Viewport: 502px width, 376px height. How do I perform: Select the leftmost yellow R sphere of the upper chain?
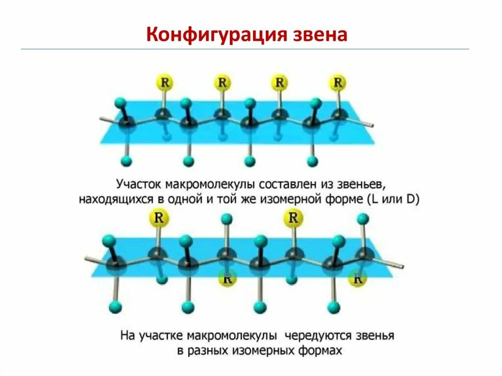pyautogui.click(x=164, y=82)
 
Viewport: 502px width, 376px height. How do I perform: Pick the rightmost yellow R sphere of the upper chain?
pyautogui.click(x=337, y=82)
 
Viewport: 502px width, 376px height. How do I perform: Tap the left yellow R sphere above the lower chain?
pyautogui.click(x=158, y=218)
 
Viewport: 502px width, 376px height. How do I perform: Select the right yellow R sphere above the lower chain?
pyautogui.click(x=293, y=218)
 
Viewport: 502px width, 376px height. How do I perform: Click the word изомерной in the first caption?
pyautogui.click(x=296, y=200)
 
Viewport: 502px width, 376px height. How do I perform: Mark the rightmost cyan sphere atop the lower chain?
pyautogui.click(x=362, y=218)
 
